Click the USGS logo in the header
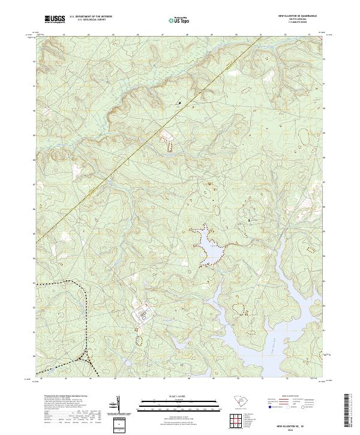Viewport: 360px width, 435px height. [x=55, y=20]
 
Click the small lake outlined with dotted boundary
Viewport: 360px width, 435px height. [x=207, y=246]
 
